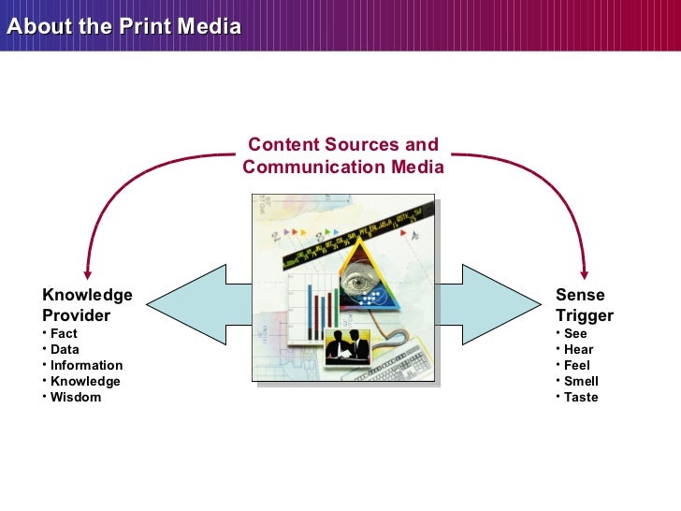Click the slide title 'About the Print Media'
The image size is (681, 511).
coord(123,26)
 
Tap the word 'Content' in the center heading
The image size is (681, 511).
coord(283,145)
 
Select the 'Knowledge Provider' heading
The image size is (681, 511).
coord(87,305)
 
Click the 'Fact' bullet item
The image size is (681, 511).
coord(64,333)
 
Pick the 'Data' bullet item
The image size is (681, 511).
coord(65,349)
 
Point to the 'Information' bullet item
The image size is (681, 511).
coord(86,365)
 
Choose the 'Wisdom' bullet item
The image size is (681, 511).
coord(75,397)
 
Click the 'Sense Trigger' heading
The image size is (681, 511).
coord(584,305)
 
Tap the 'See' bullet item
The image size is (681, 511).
coord(575,333)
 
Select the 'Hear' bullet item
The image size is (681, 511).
coord(578,349)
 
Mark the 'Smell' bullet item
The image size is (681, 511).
coord(581,381)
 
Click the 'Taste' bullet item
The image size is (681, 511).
coord(581,397)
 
